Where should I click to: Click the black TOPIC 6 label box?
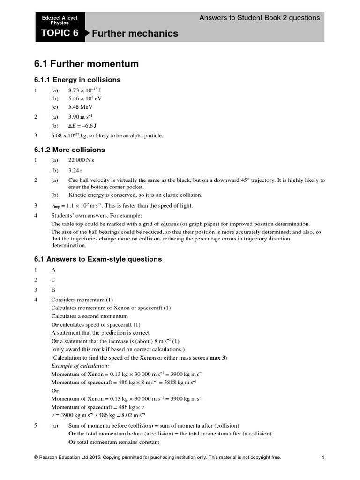[60, 33]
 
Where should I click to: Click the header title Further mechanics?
[135, 33]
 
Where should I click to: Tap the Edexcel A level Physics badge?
[56, 20]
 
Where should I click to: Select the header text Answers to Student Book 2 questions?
[259, 18]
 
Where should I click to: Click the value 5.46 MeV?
[81, 107]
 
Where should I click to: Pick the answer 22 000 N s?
[81, 160]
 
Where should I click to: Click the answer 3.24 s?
[75, 171]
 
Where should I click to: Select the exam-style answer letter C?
[53, 279]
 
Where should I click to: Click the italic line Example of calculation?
[80, 366]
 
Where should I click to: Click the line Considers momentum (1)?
[82, 300]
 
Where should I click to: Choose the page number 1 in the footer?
[323, 457]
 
